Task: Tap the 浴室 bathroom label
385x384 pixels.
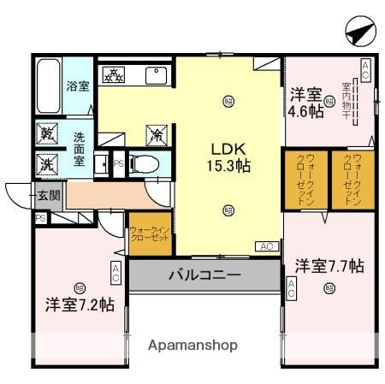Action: tap(79, 85)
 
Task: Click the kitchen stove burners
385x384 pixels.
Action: tap(112, 75)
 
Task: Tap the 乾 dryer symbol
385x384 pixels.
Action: tap(46, 135)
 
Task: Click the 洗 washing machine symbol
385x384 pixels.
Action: tap(46, 163)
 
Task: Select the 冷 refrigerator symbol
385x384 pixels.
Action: tap(157, 134)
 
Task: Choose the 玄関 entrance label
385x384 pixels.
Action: tap(48, 195)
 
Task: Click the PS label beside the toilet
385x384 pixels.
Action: tap(119, 163)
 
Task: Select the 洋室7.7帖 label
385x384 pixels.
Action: tap(329, 266)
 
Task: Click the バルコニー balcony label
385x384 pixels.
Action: tap(204, 275)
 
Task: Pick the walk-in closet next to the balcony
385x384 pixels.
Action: tap(151, 234)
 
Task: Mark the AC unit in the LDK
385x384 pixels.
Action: tap(266, 246)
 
